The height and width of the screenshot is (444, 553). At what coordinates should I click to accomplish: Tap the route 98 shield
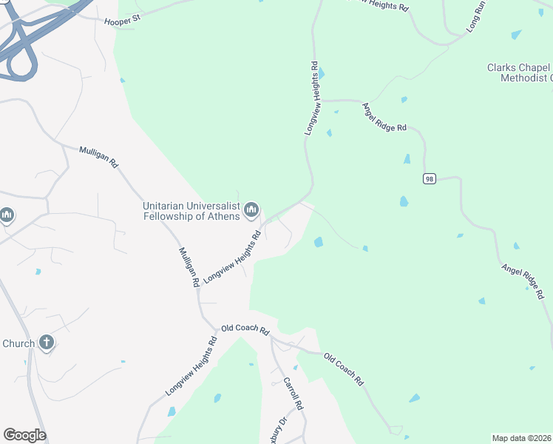429,178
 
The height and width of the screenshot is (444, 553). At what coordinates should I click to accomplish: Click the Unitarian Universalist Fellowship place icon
251,211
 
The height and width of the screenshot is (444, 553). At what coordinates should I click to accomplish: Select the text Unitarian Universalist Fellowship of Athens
191,211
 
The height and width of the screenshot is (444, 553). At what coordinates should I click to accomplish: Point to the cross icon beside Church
47,343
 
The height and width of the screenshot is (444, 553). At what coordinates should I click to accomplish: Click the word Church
18,343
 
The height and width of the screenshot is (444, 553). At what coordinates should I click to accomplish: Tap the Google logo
24,435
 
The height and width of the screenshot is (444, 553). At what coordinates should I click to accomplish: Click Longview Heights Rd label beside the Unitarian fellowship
233,256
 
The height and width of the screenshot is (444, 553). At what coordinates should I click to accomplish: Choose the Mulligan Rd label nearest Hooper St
99,158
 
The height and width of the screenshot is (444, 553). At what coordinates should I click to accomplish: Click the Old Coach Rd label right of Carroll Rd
345,371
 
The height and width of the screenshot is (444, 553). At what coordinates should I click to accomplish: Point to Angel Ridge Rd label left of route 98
384,117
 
